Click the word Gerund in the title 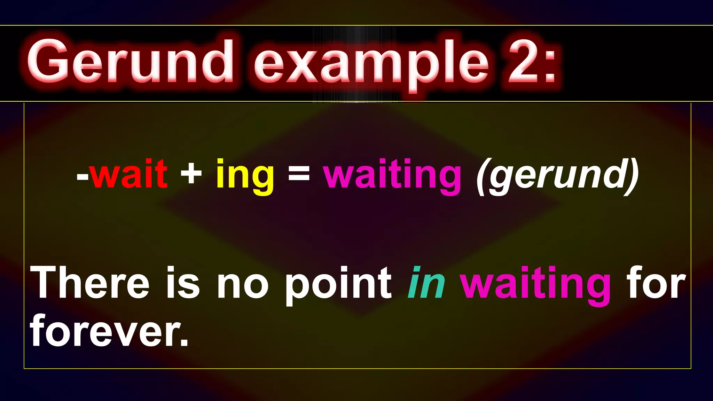click(130, 62)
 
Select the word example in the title click(371, 64)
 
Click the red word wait click(129, 174)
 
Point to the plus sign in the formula click(191, 174)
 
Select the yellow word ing click(245, 176)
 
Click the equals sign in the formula click(299, 174)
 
